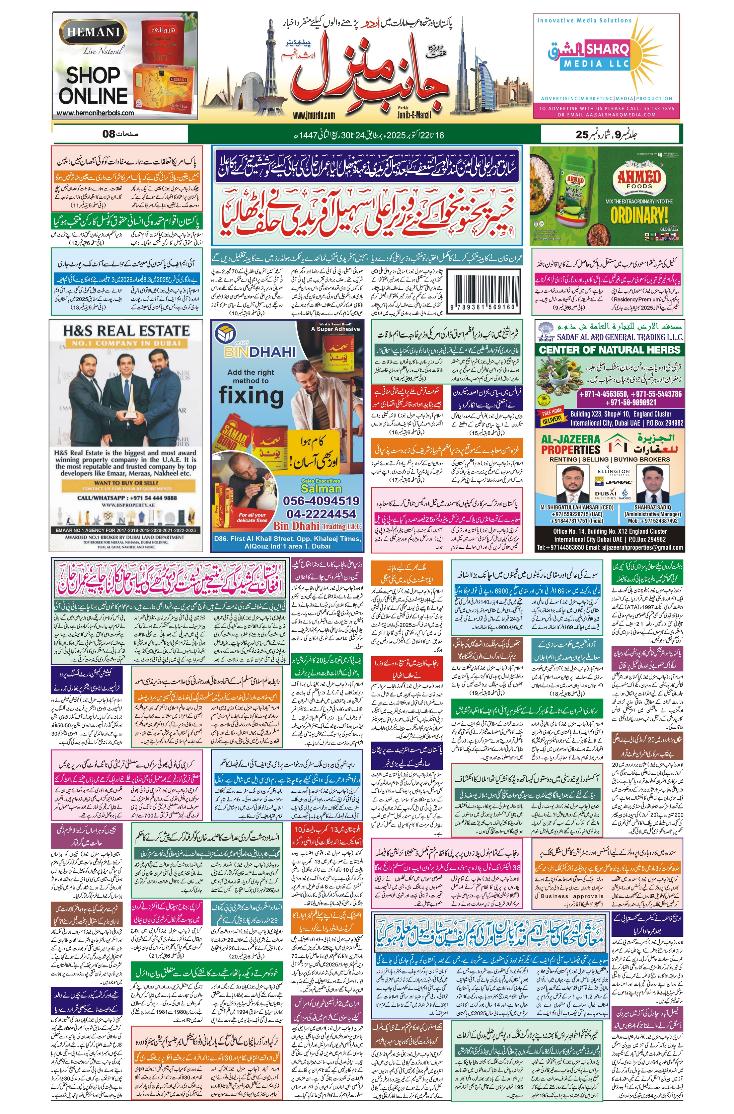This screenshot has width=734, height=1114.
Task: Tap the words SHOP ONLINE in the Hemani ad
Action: (x=93, y=85)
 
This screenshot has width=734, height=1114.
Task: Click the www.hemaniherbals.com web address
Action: (x=95, y=113)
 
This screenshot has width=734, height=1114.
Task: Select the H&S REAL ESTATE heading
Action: (x=127, y=330)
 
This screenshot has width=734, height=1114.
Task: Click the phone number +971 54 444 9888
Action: (x=127, y=498)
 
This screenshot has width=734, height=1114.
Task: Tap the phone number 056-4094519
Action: (x=321, y=501)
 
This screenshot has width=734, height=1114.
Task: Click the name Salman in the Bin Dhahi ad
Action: (x=321, y=488)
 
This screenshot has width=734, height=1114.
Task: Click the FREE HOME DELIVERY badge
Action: (x=552, y=416)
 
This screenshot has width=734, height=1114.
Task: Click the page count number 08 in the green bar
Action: (x=109, y=134)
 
